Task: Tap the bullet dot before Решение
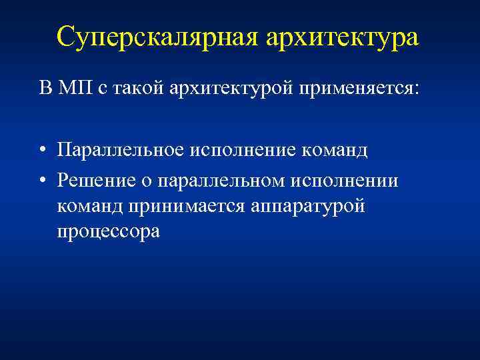coord(42,181)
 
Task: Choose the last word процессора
coord(109,233)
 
